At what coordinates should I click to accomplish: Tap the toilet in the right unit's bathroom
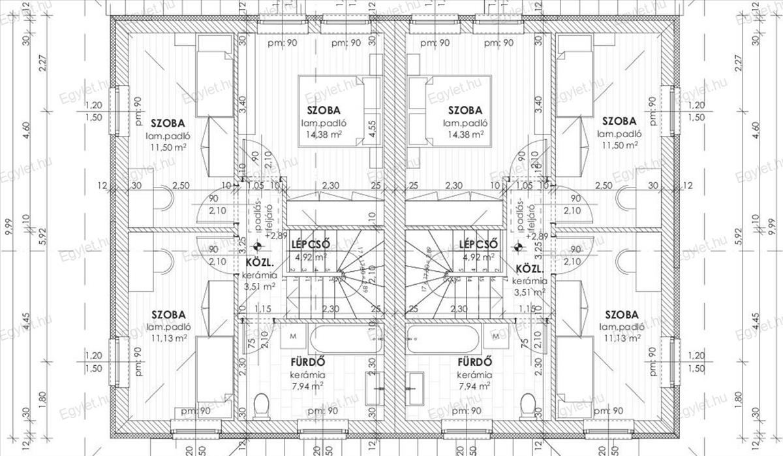click(x=527, y=407)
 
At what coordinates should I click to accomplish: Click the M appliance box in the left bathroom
click(x=292, y=336)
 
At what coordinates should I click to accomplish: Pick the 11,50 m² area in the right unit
click(x=619, y=145)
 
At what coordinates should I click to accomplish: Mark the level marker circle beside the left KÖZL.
click(x=258, y=247)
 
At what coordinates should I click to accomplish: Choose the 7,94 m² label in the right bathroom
click(x=474, y=386)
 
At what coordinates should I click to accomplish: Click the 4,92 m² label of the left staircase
click(x=311, y=257)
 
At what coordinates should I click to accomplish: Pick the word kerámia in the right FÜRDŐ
click(x=472, y=375)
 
